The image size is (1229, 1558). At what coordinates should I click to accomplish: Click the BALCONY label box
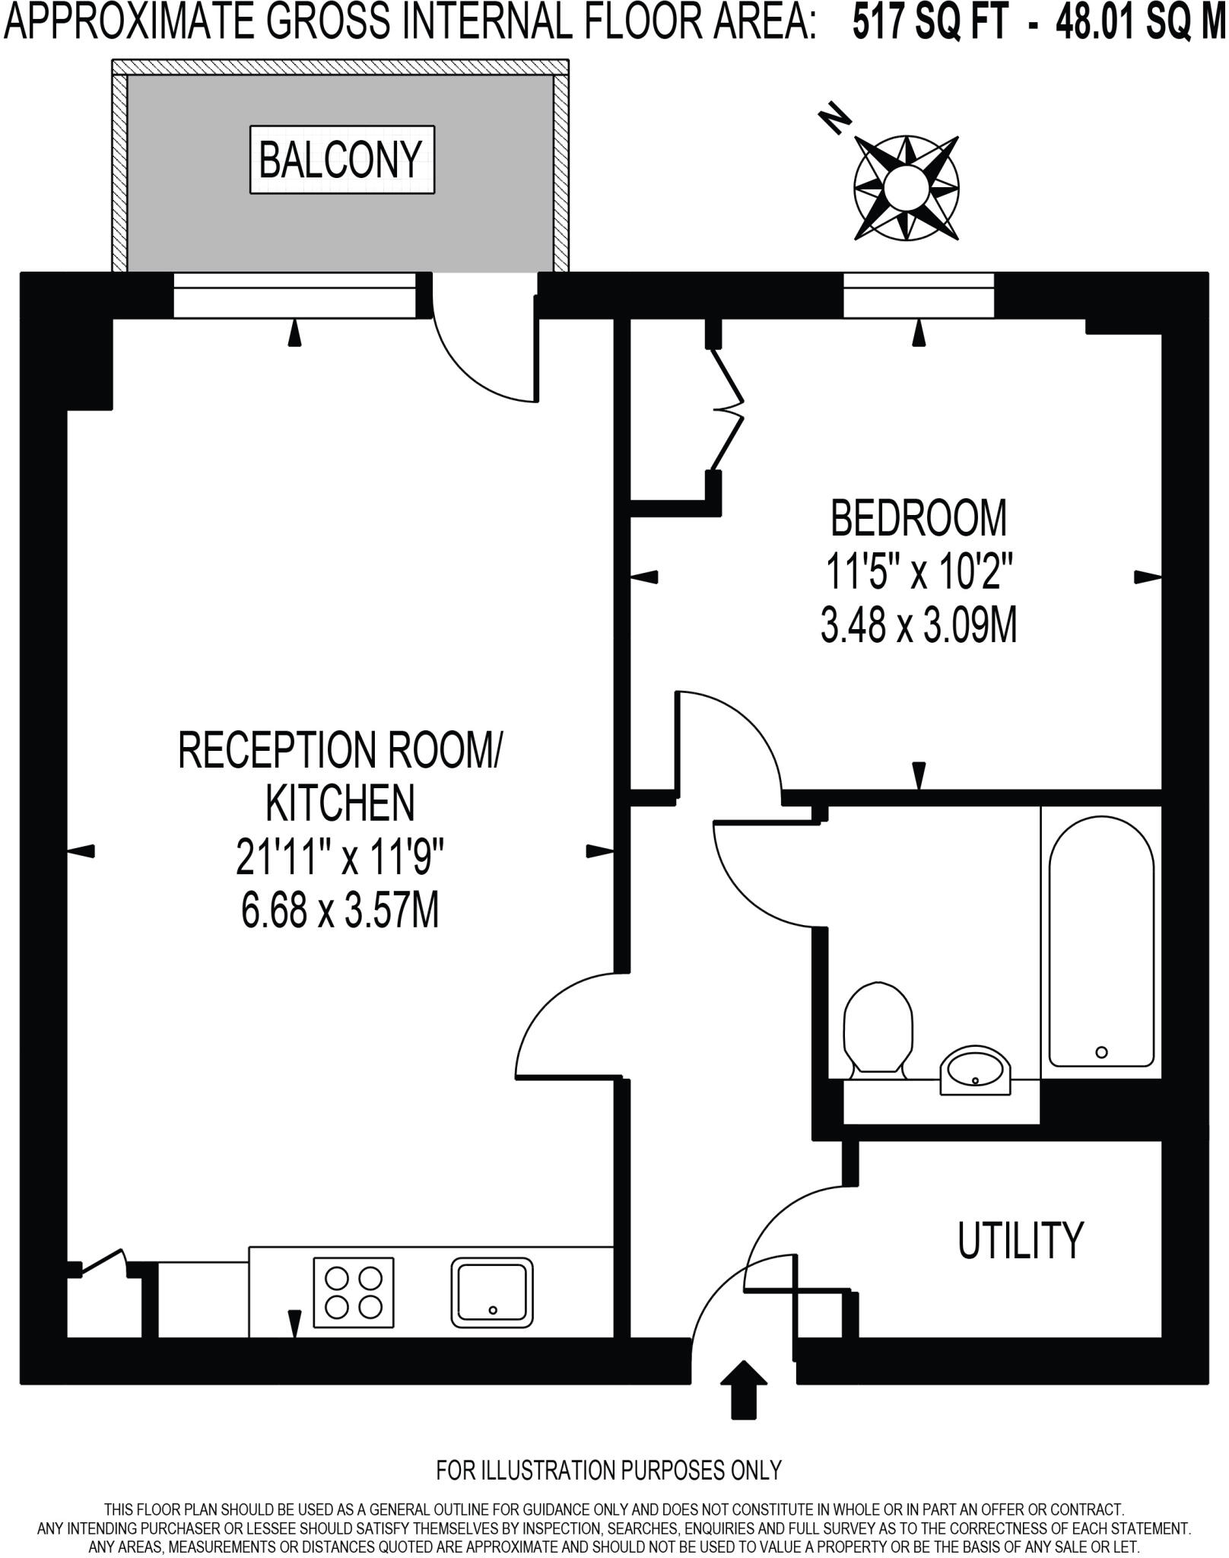click(x=342, y=160)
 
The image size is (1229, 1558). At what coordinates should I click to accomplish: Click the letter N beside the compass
click(x=834, y=117)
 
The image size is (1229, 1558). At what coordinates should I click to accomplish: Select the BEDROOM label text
click(x=919, y=519)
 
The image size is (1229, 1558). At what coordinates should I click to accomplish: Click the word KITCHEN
click(x=340, y=803)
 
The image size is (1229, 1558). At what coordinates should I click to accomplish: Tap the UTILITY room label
click(x=1020, y=1240)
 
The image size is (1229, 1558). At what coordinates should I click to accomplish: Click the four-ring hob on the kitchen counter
click(x=354, y=1292)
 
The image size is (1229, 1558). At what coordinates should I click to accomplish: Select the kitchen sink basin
click(x=492, y=1292)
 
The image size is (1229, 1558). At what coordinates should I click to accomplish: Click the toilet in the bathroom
click(x=878, y=1030)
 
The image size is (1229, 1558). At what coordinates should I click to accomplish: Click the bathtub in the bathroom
click(x=1101, y=942)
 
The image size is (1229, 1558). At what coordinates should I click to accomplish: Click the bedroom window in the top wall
click(x=919, y=295)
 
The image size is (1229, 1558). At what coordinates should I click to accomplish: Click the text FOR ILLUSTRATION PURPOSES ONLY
click(x=608, y=1470)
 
